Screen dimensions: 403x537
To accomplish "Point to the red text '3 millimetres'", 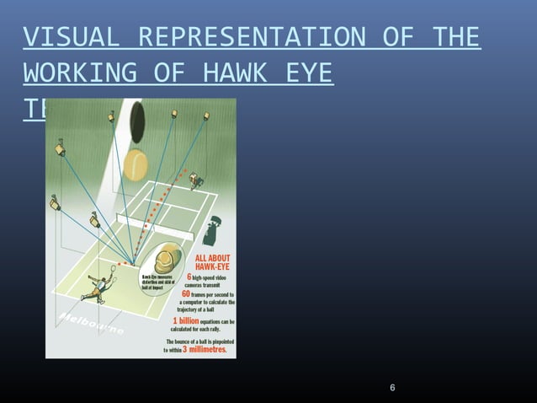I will pyautogui.click(x=206, y=349).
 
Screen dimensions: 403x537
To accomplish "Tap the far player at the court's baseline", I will pyautogui.click(x=195, y=180).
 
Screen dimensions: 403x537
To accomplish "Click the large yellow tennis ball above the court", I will pyautogui.click(x=136, y=164).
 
